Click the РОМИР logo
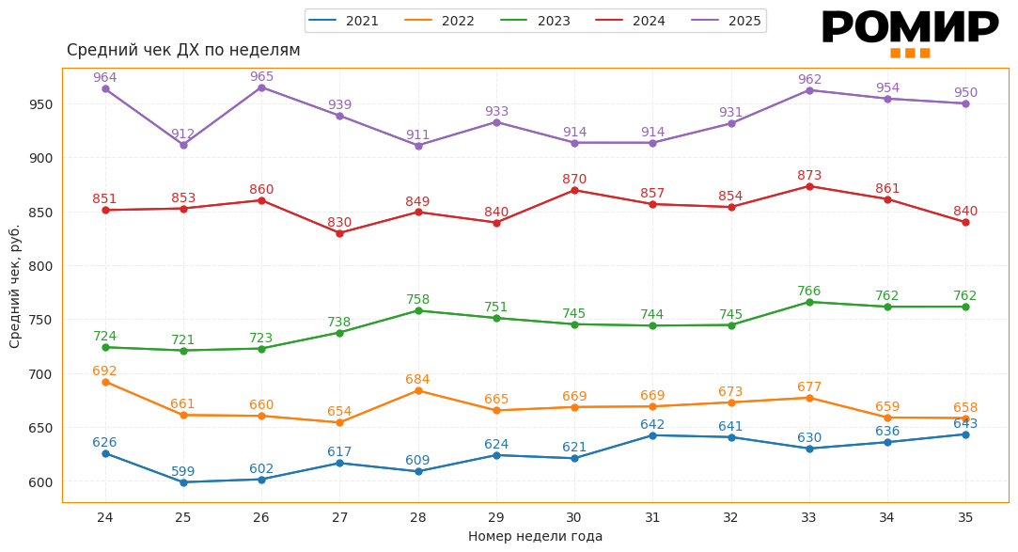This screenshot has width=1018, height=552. [x=909, y=30]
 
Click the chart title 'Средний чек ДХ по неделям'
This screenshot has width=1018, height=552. [x=183, y=51]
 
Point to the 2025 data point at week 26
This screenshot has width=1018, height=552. [x=261, y=87]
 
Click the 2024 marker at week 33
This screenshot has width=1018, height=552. [x=809, y=186]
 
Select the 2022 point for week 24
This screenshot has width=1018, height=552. [x=105, y=382]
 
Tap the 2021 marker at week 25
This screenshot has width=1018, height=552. [x=183, y=482]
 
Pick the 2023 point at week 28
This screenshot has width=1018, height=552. [x=418, y=310]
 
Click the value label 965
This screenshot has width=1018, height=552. [x=261, y=76]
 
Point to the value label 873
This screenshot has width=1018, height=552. [x=809, y=175]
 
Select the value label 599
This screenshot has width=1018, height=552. [x=183, y=471]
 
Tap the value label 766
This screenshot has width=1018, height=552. [x=809, y=291]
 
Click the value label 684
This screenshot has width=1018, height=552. [x=418, y=379]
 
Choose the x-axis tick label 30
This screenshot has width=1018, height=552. [x=574, y=517]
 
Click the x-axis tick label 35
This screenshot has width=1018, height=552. [x=965, y=517]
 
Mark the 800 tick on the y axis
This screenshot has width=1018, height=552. [x=41, y=266]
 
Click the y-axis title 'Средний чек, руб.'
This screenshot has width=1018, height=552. [x=15, y=286]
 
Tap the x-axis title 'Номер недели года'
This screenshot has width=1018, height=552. [x=535, y=536]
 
